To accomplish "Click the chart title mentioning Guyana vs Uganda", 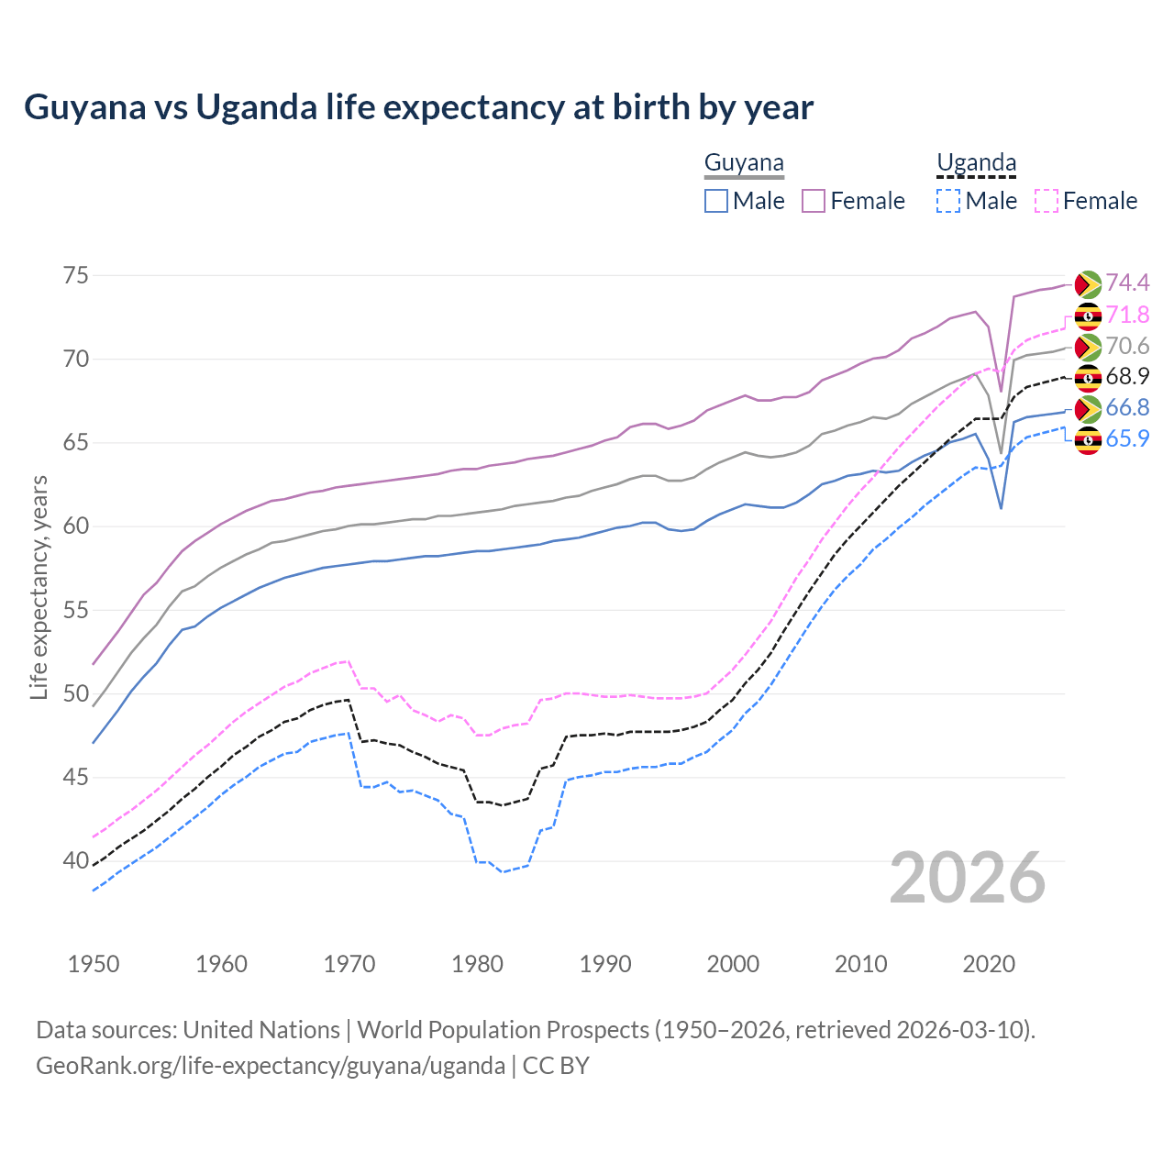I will click(418, 107).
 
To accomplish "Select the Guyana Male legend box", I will click(716, 201).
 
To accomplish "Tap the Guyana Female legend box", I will click(814, 201).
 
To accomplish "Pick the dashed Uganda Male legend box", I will click(948, 201).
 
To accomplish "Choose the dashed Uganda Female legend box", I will click(1046, 201).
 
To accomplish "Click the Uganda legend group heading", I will click(976, 163).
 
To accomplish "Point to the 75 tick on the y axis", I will click(76, 276).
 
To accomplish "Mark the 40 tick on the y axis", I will click(76, 861).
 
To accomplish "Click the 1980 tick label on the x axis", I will click(478, 964).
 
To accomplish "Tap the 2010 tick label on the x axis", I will click(861, 964).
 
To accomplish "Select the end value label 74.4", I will click(1127, 282).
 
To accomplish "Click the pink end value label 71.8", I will click(1127, 315).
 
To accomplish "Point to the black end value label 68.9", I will click(1127, 376).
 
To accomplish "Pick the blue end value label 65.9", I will click(1127, 438).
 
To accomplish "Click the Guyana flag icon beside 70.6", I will click(1088, 347).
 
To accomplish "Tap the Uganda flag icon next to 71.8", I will click(1088, 316).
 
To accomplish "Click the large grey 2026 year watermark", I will click(968, 878).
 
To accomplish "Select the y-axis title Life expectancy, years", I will click(39, 587).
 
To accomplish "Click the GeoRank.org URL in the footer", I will click(271, 1066).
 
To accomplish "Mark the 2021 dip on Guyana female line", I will click(1001, 392).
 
